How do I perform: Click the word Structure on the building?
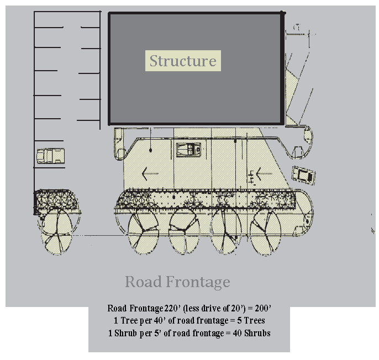tap(183, 61)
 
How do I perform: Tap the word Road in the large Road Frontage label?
tap(143, 282)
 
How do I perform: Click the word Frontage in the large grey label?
tap(198, 283)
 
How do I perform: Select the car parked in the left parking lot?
tap(50, 156)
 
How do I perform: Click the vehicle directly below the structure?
tap(188, 150)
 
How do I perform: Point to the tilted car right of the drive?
tap(304, 175)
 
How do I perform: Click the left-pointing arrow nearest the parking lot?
tap(150, 174)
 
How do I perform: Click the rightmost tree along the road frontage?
tap(265, 231)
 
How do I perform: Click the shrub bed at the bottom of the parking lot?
tap(56, 200)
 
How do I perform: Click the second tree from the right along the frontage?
tap(226, 231)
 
